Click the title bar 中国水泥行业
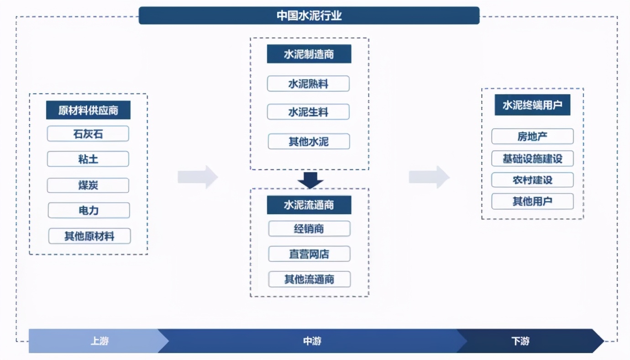point(309,16)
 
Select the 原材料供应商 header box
point(88,110)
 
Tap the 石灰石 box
point(88,134)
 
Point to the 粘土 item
point(88,159)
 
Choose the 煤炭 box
point(88,185)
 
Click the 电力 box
point(89,211)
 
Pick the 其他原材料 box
point(89,236)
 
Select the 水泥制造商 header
point(309,54)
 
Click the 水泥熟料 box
point(308,84)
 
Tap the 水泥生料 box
point(308,112)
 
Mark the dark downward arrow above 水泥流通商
point(310,180)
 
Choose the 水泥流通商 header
point(309,205)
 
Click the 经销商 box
point(309,229)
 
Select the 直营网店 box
point(309,254)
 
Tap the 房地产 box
point(532,137)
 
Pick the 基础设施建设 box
point(532,159)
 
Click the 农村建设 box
point(532,180)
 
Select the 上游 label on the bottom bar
point(100,341)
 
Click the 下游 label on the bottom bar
point(520,341)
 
